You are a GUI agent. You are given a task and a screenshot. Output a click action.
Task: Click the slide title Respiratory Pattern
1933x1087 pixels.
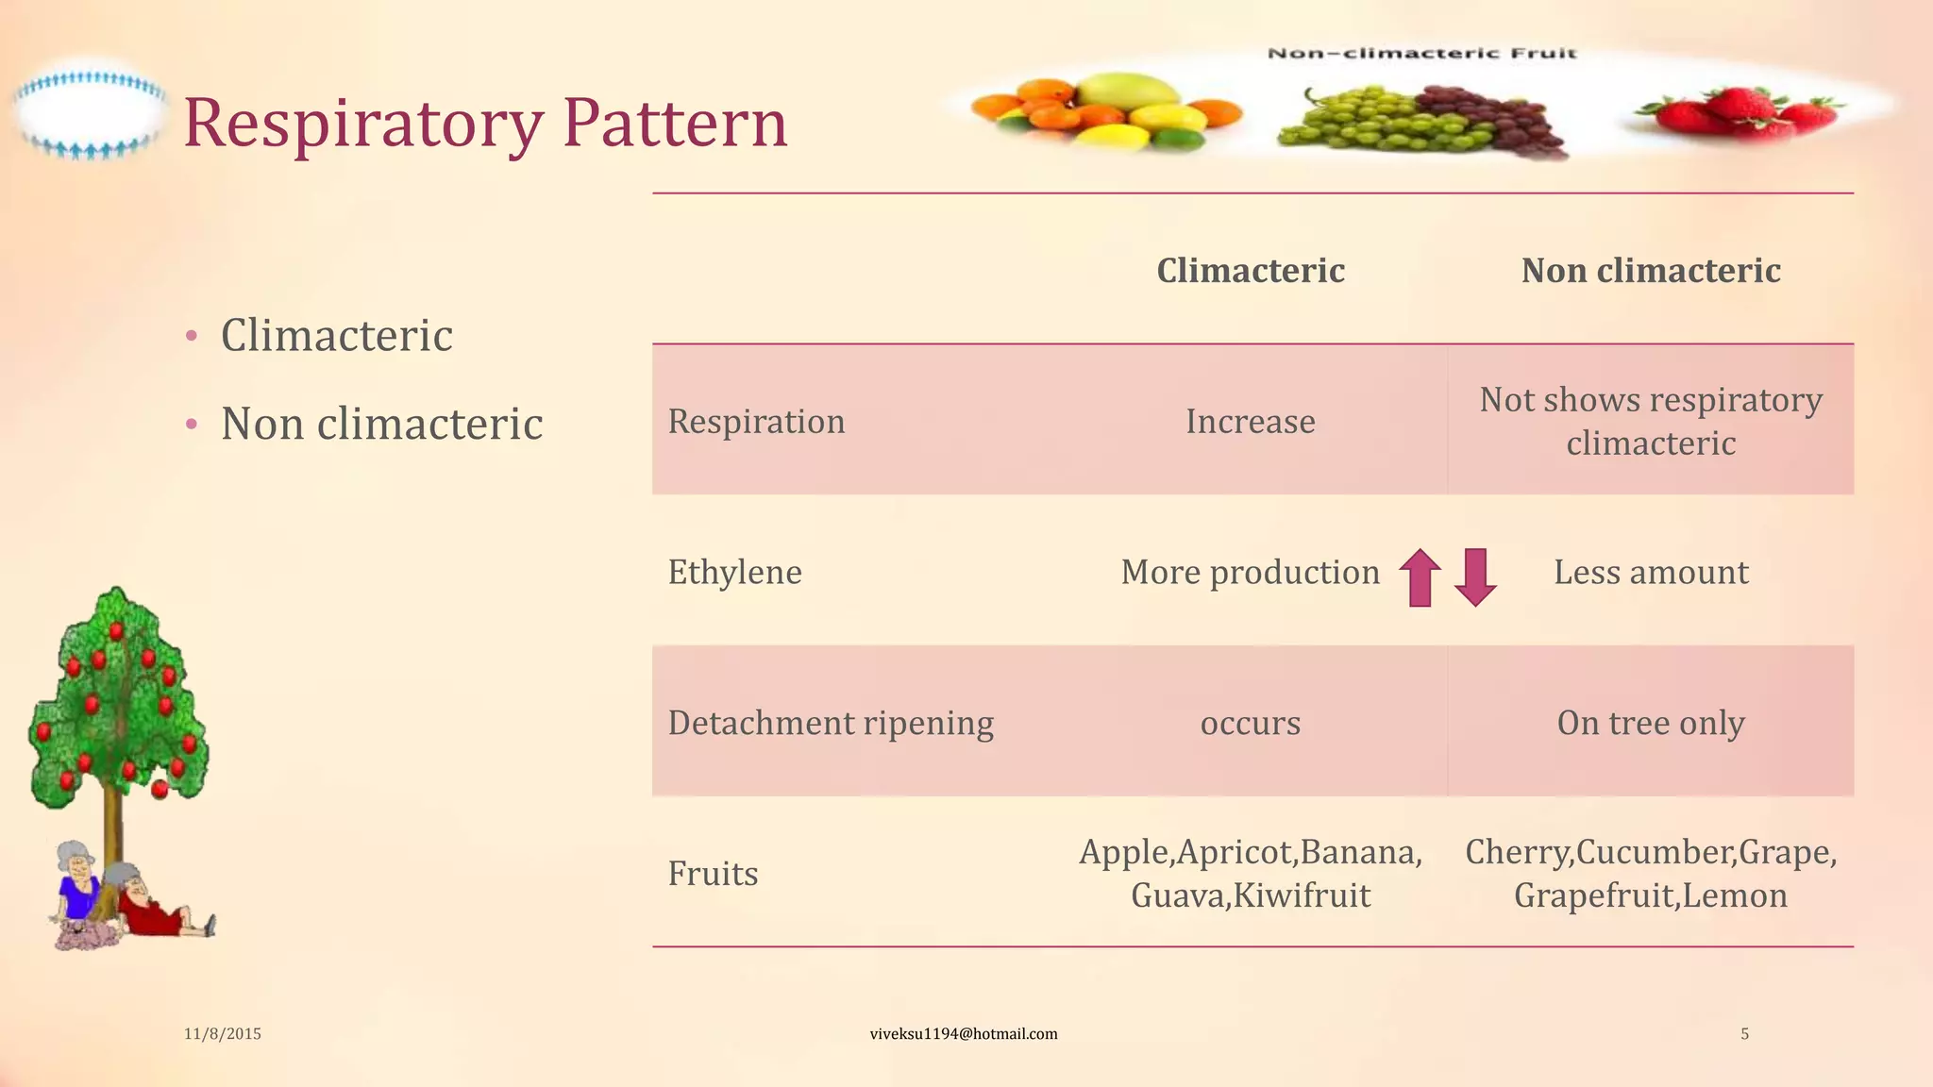485,123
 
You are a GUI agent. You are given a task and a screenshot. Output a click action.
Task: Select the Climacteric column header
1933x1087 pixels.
1250,271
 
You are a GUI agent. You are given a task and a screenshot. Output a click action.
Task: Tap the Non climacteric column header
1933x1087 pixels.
1650,271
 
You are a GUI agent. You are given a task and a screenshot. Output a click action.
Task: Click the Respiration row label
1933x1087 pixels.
756,422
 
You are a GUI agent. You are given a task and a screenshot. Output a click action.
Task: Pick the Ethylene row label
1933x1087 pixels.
734,573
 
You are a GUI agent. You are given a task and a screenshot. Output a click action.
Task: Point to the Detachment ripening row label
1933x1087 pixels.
831,724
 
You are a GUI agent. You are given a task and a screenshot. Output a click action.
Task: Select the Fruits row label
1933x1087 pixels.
713,874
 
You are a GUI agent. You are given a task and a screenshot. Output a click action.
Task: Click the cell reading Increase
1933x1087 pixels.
1250,422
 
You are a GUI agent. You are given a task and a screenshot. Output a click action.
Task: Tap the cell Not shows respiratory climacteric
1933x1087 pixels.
1650,421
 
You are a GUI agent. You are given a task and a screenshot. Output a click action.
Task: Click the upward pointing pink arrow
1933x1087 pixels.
1420,577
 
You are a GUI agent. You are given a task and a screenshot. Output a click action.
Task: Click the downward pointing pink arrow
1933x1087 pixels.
1475,577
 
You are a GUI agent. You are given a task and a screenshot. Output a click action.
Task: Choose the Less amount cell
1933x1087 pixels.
1650,573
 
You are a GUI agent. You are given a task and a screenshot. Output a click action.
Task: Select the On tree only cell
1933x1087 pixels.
1650,724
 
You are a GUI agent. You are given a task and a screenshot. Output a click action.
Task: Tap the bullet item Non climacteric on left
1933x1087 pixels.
381,424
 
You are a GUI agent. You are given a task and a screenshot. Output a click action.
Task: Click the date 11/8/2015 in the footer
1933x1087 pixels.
222,1034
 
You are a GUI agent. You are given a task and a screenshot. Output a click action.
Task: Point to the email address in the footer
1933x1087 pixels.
963,1034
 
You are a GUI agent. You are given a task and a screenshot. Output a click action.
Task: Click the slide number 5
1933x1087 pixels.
1744,1034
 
